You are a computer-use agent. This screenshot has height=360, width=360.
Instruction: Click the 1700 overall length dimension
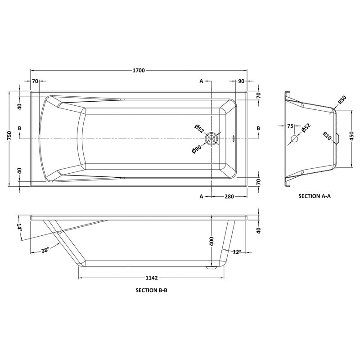[139, 70]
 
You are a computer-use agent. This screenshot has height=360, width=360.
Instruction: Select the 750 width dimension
[9, 136]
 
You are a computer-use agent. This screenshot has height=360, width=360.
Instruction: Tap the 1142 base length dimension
[152, 278]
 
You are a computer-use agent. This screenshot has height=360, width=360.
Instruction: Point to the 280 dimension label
[229, 197]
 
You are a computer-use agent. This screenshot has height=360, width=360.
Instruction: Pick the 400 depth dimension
[211, 241]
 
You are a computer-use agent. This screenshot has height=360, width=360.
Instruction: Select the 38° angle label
[45, 250]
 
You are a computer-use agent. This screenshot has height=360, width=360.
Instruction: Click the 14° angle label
[19, 227]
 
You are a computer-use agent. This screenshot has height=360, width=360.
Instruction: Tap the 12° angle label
[237, 252]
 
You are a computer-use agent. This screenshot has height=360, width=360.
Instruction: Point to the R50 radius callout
[342, 100]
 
